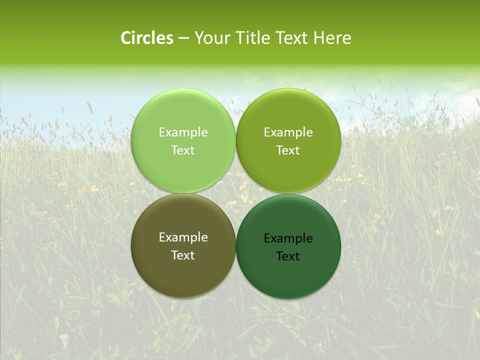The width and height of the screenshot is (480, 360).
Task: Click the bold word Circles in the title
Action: (x=146, y=38)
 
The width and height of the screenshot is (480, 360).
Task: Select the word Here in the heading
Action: (x=332, y=38)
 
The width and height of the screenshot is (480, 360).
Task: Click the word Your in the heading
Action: (x=212, y=38)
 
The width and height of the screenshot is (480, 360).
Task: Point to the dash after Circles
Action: (x=183, y=38)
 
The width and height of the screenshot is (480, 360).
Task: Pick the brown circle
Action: (x=183, y=272)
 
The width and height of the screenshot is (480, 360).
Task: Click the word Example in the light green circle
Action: (x=183, y=132)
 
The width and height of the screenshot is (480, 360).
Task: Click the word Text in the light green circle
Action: (x=183, y=150)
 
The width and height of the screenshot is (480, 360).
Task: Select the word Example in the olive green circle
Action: (x=288, y=132)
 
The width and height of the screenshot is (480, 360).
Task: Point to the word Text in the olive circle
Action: (x=288, y=150)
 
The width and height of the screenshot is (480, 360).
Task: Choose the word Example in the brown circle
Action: (x=183, y=237)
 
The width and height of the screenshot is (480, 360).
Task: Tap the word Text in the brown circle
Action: (x=183, y=255)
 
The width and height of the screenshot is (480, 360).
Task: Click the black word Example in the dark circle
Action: (x=288, y=238)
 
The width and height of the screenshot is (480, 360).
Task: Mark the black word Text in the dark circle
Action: (x=288, y=256)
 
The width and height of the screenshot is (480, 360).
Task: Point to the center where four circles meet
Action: (x=235, y=193)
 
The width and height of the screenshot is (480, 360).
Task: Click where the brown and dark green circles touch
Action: (x=235, y=246)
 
